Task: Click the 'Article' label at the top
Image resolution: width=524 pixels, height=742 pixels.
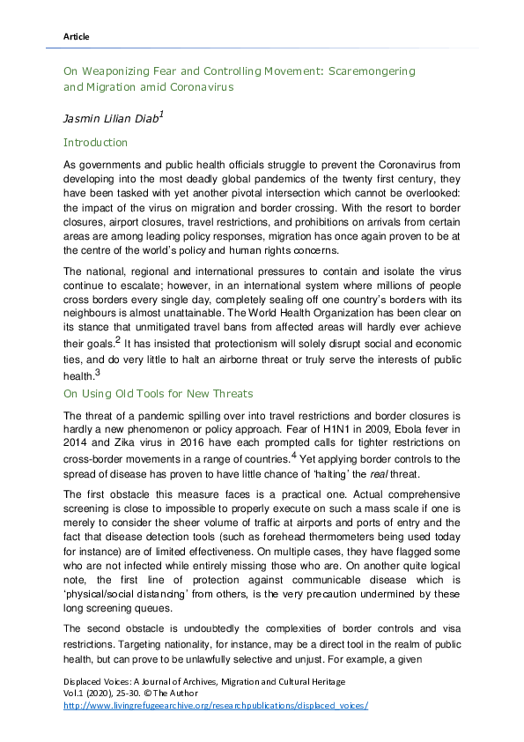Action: (77, 36)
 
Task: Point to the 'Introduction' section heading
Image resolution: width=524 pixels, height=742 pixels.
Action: (96, 142)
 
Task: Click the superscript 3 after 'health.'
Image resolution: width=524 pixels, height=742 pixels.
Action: (97, 371)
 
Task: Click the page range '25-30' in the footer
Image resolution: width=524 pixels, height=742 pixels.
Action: (119, 694)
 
